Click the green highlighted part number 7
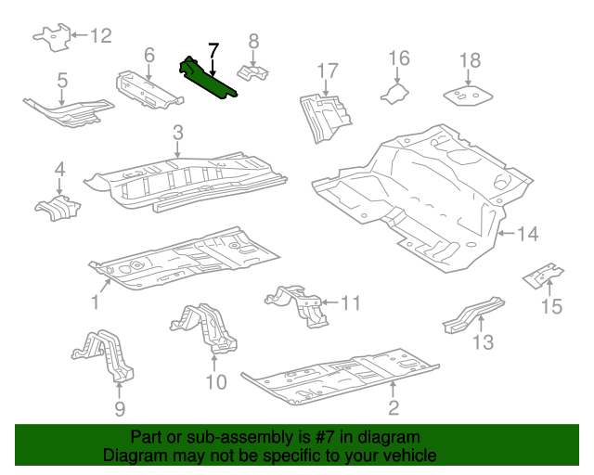point(211,78)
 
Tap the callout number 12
point(100,36)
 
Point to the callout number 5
point(62,81)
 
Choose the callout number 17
point(328,71)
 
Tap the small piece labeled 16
point(394,91)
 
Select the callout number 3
point(177,134)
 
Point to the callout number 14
point(527,234)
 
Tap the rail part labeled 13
point(472,312)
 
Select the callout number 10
point(215,381)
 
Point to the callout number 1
point(95,302)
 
